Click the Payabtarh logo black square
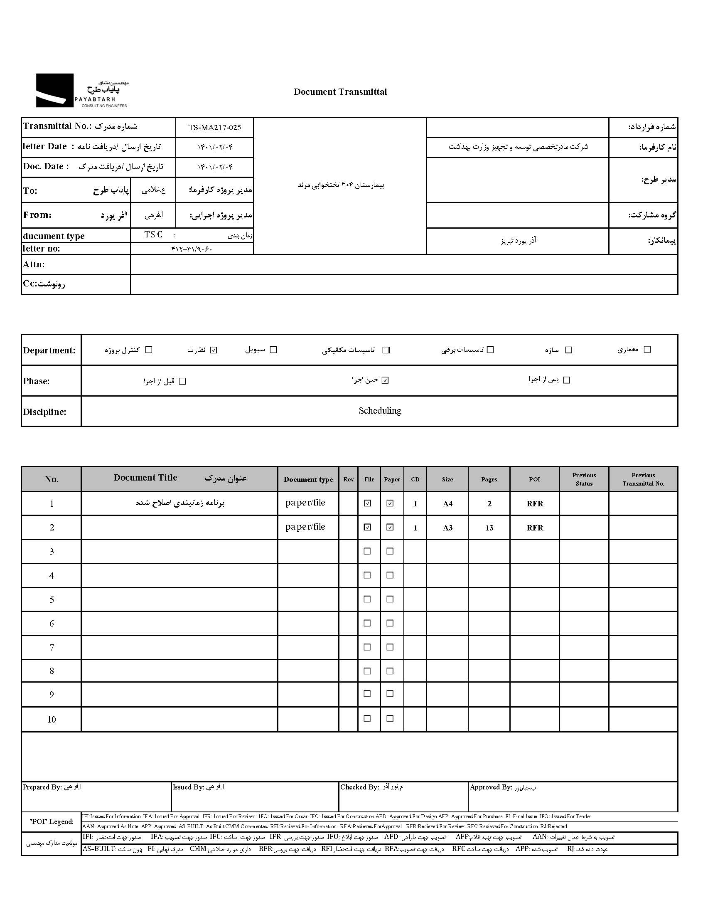pyautogui.click(x=54, y=90)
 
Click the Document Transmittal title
pyautogui.click(x=340, y=92)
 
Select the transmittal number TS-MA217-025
pyautogui.click(x=214, y=128)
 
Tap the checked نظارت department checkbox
pyautogui.click(x=214, y=350)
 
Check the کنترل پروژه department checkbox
pyautogui.click(x=149, y=350)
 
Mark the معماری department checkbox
pyautogui.click(x=647, y=350)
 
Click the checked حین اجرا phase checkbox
pyautogui.click(x=385, y=380)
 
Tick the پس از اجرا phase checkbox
pyautogui.click(x=566, y=380)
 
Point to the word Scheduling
pyautogui.click(x=380, y=411)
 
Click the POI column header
pyautogui.click(x=534, y=479)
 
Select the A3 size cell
pyautogui.click(x=447, y=528)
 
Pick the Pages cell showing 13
pyautogui.click(x=489, y=528)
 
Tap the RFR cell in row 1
pyautogui.click(x=534, y=504)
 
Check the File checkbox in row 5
pyautogui.click(x=367, y=599)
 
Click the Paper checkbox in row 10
pyautogui.click(x=390, y=718)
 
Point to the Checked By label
pyautogui.click(x=359, y=787)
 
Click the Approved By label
pyautogui.click(x=491, y=787)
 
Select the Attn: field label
pyautogui.click(x=34, y=264)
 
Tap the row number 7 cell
pyautogui.click(x=52, y=648)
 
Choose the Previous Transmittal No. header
pyautogui.click(x=643, y=479)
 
